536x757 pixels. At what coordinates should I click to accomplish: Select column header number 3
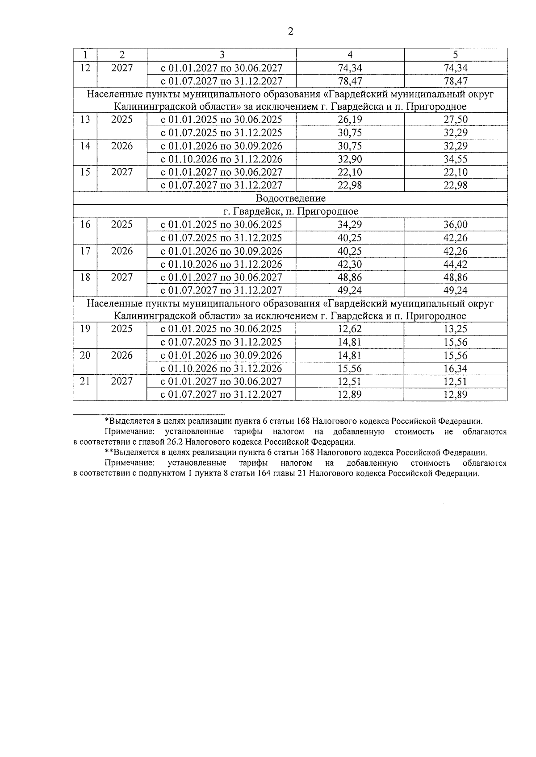222,54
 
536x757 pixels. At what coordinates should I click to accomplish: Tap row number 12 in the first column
85,67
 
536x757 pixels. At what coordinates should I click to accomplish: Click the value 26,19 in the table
350,120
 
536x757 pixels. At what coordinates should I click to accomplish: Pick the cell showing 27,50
455,120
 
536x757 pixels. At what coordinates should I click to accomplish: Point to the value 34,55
455,159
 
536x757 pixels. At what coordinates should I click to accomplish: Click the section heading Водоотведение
291,198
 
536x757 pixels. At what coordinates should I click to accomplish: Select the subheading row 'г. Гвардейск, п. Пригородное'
291,211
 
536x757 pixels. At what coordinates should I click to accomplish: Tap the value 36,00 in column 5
455,225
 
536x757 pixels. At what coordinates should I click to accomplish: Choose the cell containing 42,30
350,264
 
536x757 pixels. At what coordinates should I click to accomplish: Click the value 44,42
455,264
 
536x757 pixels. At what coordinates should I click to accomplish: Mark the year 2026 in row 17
122,251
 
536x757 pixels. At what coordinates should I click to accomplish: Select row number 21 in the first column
85,381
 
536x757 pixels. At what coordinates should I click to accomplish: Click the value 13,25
455,329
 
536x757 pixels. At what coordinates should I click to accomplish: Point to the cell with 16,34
455,368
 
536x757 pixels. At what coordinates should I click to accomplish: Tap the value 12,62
350,329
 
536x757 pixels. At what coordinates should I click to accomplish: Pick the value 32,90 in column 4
350,159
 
